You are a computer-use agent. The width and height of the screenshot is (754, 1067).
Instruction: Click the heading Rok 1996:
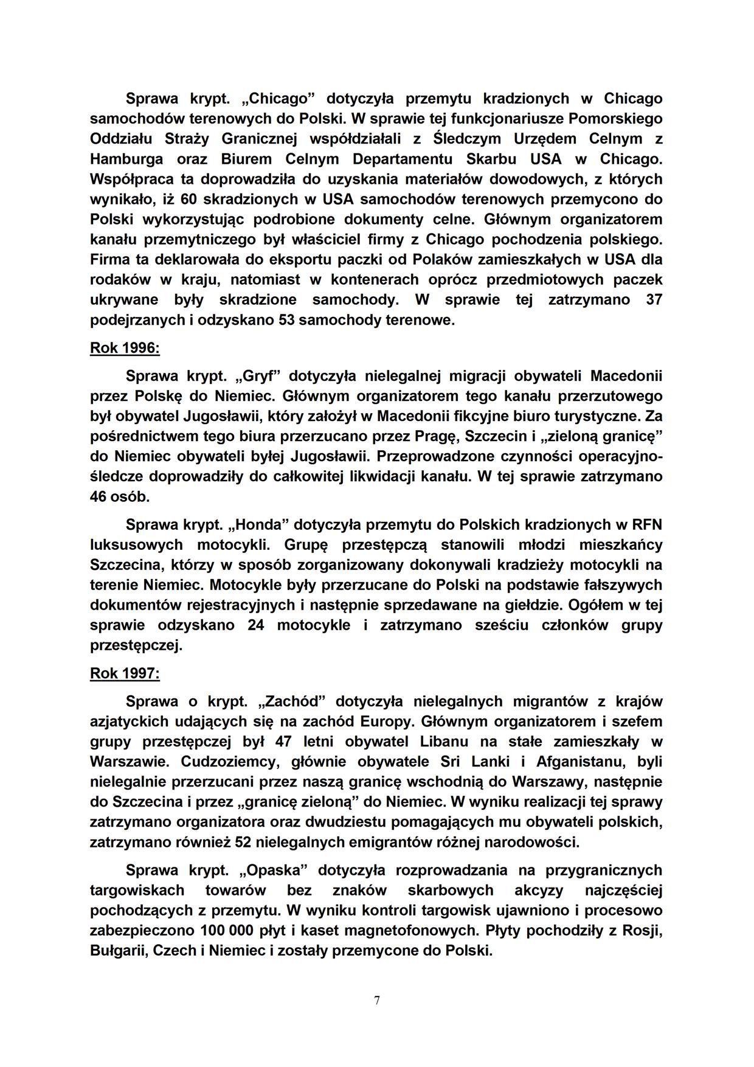pos(125,348)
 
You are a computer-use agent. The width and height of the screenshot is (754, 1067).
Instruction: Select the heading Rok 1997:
pos(125,673)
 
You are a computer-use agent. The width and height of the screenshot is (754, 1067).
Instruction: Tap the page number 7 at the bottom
pos(377,1000)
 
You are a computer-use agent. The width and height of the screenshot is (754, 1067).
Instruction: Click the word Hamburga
pos(126,159)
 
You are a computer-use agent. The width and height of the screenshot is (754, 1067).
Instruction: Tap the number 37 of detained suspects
pos(654,299)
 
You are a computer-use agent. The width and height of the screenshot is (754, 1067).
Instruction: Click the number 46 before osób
pos(99,496)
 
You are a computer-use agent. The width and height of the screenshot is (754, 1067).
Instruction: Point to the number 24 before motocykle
pos(256,625)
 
